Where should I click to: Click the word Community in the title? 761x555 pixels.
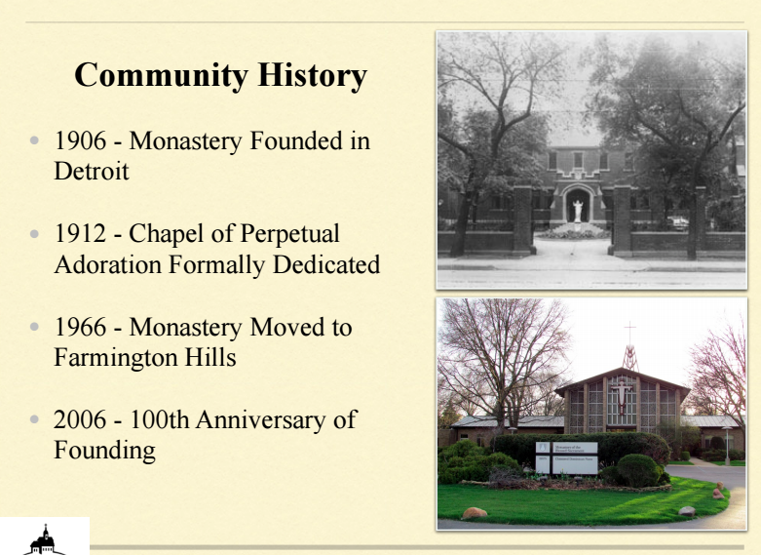tap(161, 76)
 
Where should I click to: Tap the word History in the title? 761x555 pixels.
tap(312, 76)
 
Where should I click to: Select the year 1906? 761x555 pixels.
tap(80, 140)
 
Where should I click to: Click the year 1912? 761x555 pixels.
tap(80, 233)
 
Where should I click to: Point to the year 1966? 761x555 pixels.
tap(80, 327)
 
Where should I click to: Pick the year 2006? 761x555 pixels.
tap(80, 419)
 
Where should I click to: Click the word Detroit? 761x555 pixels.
tap(92, 171)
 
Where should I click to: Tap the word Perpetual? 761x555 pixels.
tap(289, 234)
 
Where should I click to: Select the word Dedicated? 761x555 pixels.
tap(326, 265)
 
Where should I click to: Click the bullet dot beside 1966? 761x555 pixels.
tap(34, 327)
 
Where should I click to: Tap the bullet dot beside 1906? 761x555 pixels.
tap(34, 140)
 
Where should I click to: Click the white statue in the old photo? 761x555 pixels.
tap(578, 212)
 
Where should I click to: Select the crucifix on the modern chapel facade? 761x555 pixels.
tap(622, 396)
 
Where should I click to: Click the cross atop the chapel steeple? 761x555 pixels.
tap(630, 333)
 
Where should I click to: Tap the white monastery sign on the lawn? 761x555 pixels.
tap(567, 457)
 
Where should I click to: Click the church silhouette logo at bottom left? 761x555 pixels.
tap(46, 540)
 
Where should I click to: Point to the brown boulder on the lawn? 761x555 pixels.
tap(475, 513)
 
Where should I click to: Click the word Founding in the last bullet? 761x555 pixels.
tap(105, 451)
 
